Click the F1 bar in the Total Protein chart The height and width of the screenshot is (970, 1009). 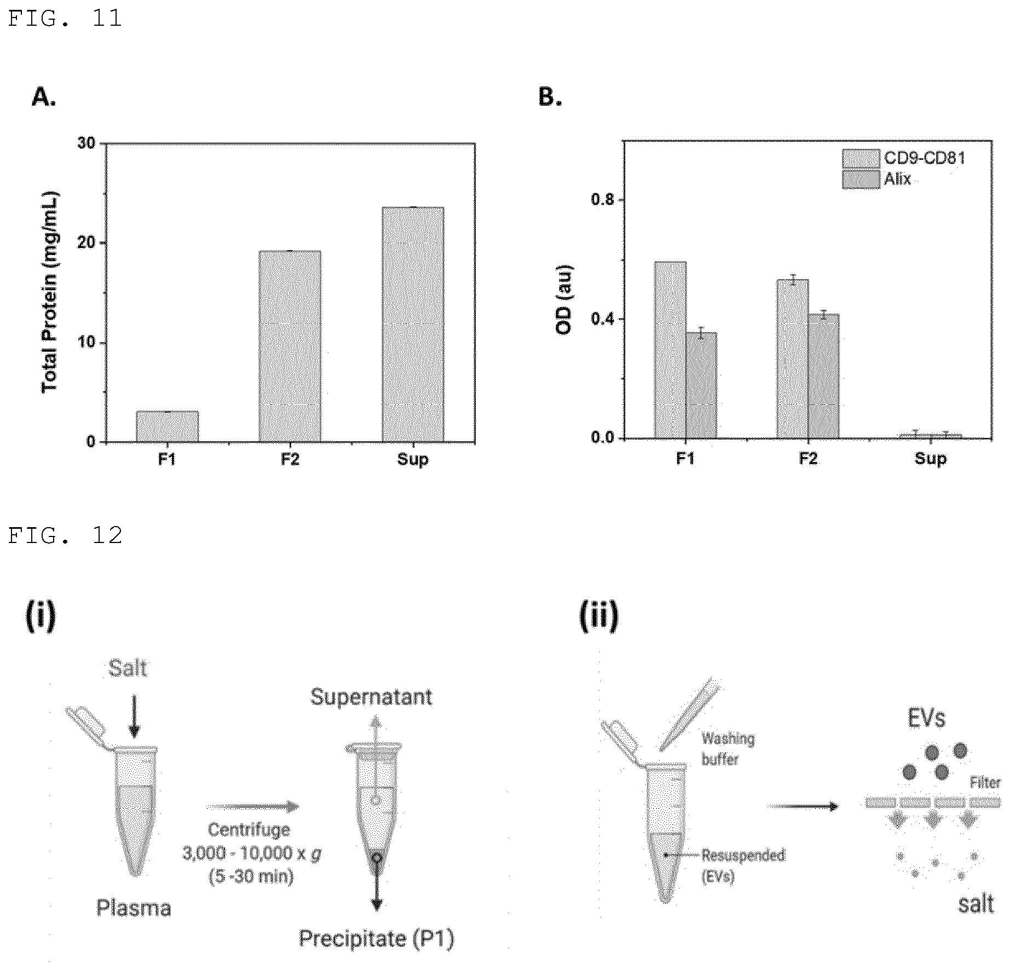(x=167, y=426)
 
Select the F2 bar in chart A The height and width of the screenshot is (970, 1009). (x=290, y=347)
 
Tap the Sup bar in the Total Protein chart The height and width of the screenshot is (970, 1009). (x=413, y=325)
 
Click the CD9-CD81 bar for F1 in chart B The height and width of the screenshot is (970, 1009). (x=670, y=350)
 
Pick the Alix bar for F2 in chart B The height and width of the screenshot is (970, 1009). (x=823, y=376)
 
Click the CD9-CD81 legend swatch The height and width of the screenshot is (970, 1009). (x=861, y=158)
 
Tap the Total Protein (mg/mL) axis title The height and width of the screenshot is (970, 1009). (x=50, y=293)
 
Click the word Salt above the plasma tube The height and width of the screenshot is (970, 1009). (x=128, y=669)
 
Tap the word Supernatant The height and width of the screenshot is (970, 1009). (x=371, y=697)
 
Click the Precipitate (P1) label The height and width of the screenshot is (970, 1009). (x=377, y=939)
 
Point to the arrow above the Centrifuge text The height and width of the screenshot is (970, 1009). (x=253, y=806)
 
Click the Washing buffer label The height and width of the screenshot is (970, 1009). (x=728, y=749)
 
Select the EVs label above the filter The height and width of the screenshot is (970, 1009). (x=926, y=718)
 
